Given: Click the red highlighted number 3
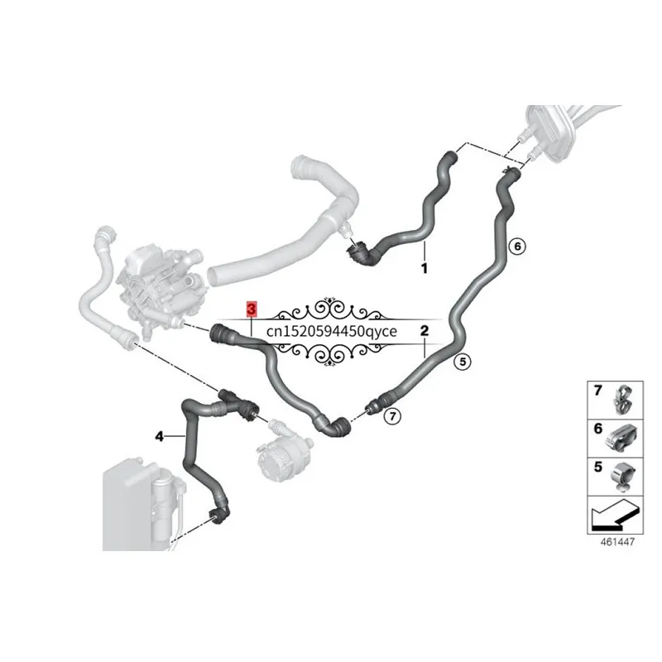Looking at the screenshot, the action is tap(252, 309).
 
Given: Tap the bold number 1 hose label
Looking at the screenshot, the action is tap(425, 268).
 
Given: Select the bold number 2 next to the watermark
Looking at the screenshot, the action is tap(425, 330).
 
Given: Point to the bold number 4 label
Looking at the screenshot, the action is tap(159, 436).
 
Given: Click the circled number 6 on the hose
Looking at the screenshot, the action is tap(518, 246).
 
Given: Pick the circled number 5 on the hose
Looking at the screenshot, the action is tap(463, 362).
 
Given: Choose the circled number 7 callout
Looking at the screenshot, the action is tap(392, 417).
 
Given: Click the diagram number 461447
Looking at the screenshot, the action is tap(617, 542).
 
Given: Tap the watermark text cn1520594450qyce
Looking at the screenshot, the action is tap(332, 332).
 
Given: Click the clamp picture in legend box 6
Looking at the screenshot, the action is tap(622, 438).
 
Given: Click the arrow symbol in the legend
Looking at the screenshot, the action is tap(615, 515).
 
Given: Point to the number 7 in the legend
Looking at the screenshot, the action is tap(597, 390).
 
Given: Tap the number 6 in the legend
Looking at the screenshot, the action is tap(597, 429).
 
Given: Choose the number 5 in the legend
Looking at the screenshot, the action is tap(597, 467).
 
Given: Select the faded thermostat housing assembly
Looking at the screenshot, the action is tap(162, 287).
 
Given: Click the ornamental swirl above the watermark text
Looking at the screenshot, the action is tap(329, 309).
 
